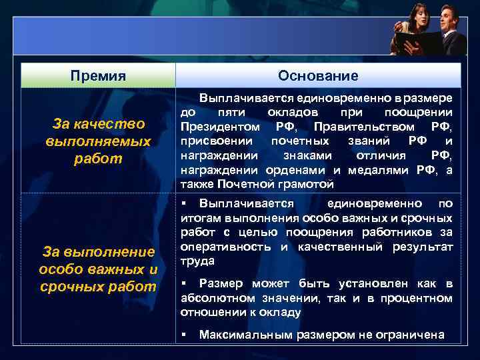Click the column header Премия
98,76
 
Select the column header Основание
318,76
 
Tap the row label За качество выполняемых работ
98,141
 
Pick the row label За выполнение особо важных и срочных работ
98,269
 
